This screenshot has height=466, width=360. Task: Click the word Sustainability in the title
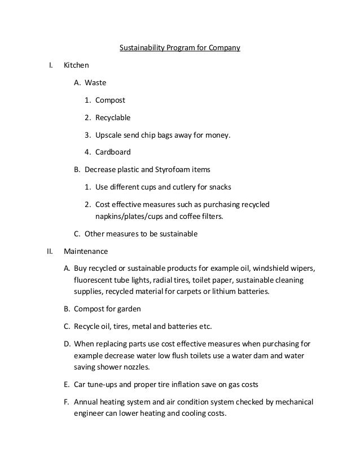pyautogui.click(x=141, y=48)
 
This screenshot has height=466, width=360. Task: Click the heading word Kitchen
pyautogui.click(x=76, y=65)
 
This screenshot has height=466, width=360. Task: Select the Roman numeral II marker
pyautogui.click(x=50, y=251)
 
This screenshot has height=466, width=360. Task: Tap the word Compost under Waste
pyautogui.click(x=110, y=100)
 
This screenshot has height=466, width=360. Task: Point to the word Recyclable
pyautogui.click(x=113, y=118)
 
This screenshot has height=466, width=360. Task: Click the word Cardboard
pyautogui.click(x=113, y=152)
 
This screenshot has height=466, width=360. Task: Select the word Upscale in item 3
pyautogui.click(x=108, y=135)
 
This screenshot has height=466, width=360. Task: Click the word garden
pyautogui.click(x=128, y=309)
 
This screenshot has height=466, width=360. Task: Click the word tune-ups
pyautogui.click(x=103, y=385)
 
